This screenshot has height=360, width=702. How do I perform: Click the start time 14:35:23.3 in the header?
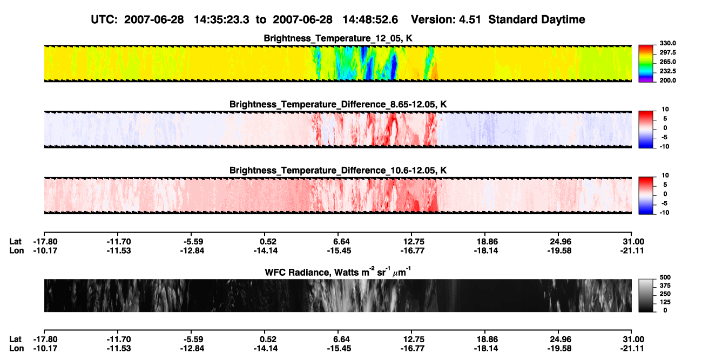[x=221, y=20]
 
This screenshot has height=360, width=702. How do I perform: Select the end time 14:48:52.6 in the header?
[x=370, y=20]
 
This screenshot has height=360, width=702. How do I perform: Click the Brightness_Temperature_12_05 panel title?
[x=338, y=38]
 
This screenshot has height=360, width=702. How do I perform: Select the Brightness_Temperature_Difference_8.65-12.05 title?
[x=338, y=104]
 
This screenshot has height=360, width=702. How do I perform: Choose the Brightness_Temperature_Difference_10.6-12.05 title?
[x=338, y=171]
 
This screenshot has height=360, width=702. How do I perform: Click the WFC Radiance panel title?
[x=338, y=272]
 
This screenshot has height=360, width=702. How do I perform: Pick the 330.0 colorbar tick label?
[x=667, y=43]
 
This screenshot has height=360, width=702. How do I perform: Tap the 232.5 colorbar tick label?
[x=667, y=71]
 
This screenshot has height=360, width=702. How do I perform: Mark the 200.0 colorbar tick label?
[x=667, y=80]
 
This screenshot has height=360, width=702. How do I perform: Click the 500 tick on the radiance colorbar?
[x=665, y=277]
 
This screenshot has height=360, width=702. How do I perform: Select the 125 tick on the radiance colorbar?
[x=665, y=302]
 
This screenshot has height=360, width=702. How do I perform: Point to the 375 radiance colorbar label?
[x=665, y=286]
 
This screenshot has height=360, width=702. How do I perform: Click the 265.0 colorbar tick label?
[x=667, y=62]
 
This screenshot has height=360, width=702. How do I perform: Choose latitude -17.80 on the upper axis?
[x=45, y=242]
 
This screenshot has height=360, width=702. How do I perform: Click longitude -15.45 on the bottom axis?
[x=339, y=349]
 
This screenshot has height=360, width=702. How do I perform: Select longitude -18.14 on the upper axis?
[x=486, y=250]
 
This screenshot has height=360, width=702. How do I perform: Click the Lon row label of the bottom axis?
[x=16, y=349]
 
